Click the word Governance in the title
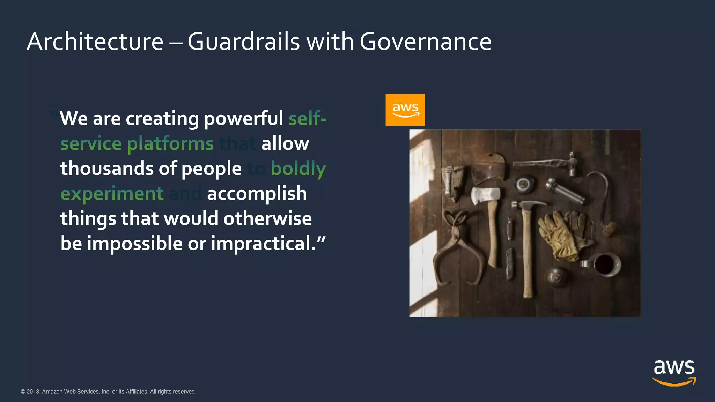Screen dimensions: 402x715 [x=425, y=42]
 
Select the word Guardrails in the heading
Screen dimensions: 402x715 [x=244, y=42]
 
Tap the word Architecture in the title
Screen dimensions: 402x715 [x=95, y=42]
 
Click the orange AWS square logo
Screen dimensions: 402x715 [x=405, y=110]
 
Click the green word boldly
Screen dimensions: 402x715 [x=298, y=169]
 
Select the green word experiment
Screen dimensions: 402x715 [x=112, y=194]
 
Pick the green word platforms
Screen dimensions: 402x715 [x=170, y=143]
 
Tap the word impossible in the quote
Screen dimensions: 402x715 [x=134, y=243]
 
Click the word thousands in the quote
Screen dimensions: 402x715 [x=107, y=169]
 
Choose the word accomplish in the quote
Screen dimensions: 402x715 [x=257, y=194]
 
